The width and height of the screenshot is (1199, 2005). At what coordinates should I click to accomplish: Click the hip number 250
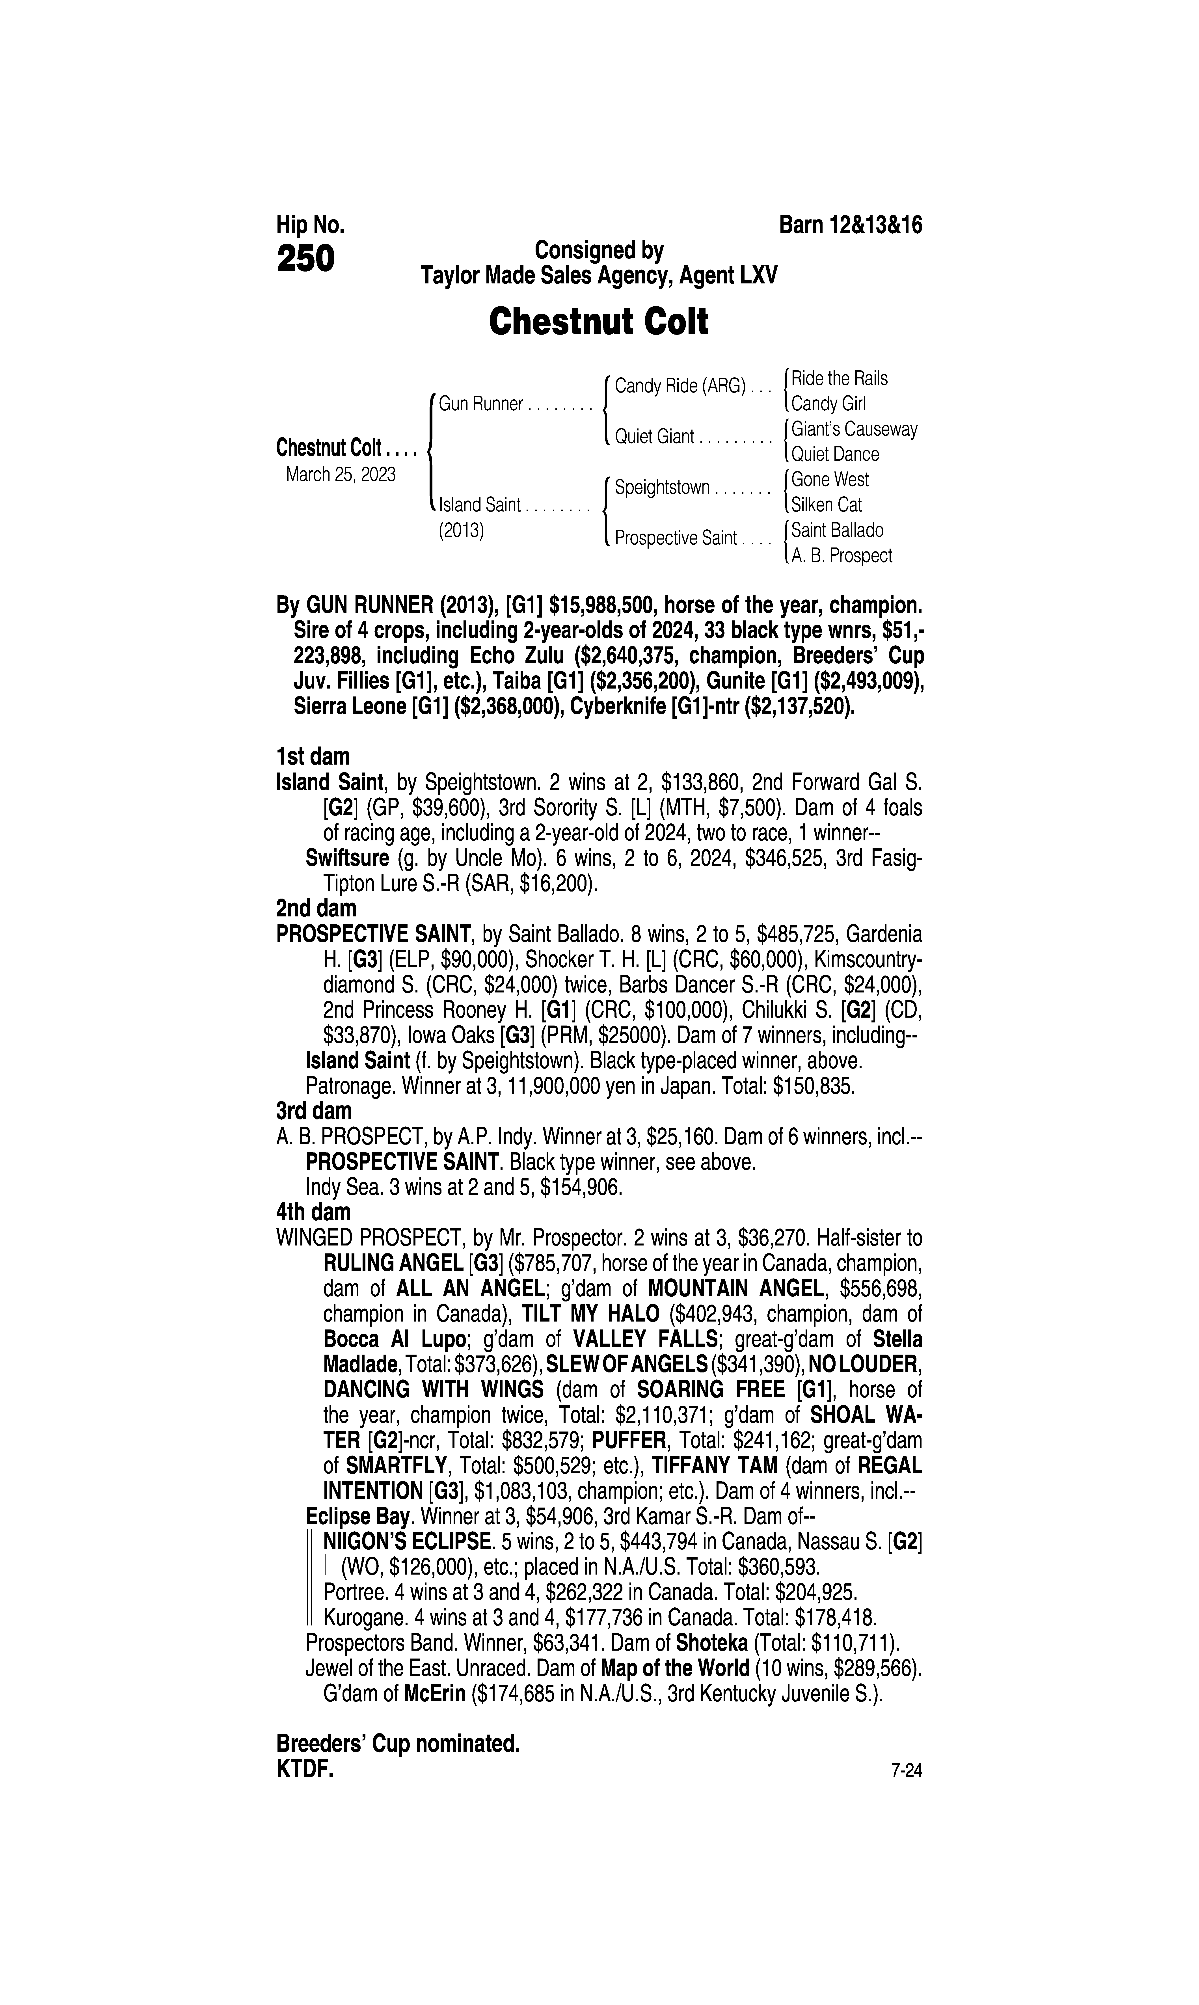[305, 259]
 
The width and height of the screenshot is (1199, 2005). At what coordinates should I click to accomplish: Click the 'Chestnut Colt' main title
[599, 322]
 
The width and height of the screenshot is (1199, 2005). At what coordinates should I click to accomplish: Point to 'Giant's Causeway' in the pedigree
[854, 429]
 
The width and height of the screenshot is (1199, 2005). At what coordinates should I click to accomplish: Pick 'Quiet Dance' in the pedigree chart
[835, 454]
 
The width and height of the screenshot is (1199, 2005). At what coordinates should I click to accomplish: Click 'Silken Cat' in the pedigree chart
[827, 505]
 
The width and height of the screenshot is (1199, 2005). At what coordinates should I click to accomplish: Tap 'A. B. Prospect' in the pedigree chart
[842, 556]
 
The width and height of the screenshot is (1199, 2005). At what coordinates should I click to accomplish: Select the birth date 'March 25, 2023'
[340, 474]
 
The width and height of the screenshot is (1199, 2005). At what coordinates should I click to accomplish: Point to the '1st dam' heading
[313, 757]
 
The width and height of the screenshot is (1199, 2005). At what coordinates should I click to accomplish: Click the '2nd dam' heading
[316, 909]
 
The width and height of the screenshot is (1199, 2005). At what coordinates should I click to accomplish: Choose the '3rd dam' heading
[314, 1111]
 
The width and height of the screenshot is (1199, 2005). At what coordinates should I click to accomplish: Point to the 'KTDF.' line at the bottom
[305, 1769]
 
